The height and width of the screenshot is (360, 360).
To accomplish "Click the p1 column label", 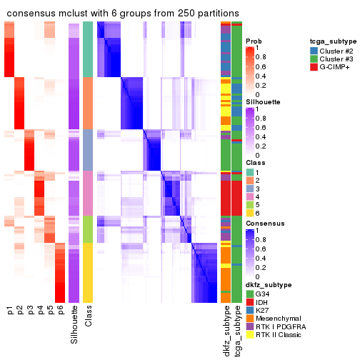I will pyautogui.click(x=10, y=311).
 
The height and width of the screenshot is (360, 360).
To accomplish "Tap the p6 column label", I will pyautogui.click(x=60, y=311).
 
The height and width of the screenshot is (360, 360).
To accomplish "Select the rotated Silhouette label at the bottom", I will pyautogui.click(x=74, y=325).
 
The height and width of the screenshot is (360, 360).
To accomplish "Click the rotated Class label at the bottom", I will pyautogui.click(x=88, y=319).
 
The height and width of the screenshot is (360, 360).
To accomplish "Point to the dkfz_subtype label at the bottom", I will pyautogui.click(x=226, y=331).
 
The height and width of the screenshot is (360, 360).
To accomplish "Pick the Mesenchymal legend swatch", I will pyautogui.click(x=249, y=318).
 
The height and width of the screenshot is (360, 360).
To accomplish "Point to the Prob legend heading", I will pyautogui.click(x=253, y=41).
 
